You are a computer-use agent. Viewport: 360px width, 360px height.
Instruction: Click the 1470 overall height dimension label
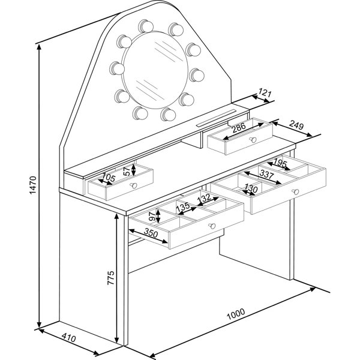[33, 185]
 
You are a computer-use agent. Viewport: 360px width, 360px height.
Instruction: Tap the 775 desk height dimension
[110, 278]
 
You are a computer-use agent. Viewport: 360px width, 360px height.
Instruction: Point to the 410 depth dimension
[68, 338]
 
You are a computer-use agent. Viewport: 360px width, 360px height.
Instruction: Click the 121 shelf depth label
[265, 92]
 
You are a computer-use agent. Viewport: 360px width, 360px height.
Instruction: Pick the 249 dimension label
[296, 125]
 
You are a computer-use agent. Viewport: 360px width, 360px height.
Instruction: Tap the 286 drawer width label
[239, 128]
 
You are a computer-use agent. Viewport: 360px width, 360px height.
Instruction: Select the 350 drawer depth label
[151, 233]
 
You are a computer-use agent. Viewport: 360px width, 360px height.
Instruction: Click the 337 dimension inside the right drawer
[266, 174]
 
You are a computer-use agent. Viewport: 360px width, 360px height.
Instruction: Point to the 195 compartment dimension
[280, 163]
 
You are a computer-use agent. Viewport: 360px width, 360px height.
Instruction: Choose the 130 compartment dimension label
[251, 188]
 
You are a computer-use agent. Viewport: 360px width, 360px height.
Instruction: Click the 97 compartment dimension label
[152, 216]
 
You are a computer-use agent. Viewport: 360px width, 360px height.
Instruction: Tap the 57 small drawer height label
[127, 171]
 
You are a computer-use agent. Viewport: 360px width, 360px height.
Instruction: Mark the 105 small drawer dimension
[108, 178]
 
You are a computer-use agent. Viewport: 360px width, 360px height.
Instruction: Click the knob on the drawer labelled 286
[253, 140]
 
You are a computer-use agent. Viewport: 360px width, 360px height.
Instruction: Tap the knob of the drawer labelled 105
[133, 185]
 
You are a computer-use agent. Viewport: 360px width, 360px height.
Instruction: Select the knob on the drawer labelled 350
[212, 226]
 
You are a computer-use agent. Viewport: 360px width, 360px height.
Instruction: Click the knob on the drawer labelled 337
[295, 192]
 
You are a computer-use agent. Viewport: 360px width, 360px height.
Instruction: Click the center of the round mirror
[155, 70]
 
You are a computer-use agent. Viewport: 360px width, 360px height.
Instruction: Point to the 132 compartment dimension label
[204, 198]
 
